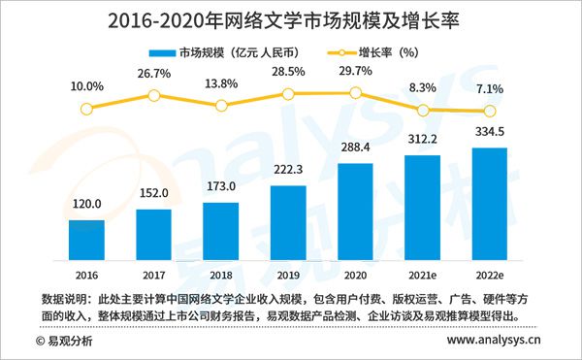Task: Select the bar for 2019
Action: (x=288, y=220)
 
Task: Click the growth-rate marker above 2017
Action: (x=153, y=95)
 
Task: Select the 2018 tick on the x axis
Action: (x=221, y=275)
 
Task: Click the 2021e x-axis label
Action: (x=422, y=275)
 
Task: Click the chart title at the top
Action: (x=291, y=18)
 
